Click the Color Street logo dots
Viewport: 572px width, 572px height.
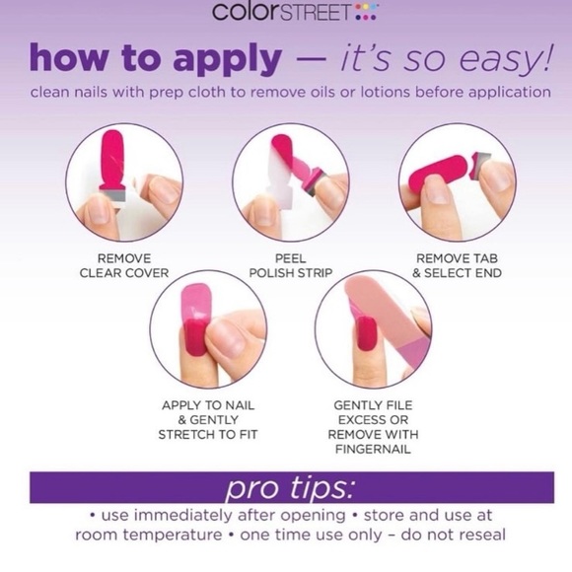pos(366,12)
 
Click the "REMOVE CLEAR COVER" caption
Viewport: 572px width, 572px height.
pos(124,265)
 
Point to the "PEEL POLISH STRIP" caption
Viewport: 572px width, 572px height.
pos(291,265)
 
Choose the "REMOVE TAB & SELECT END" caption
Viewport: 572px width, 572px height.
pos(457,265)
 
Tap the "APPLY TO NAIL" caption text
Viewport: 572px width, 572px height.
pos(208,405)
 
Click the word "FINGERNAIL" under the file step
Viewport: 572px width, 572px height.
pos(373,449)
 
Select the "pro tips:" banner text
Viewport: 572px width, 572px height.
pos(290,488)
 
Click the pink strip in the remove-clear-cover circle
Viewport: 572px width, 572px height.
pos(112,161)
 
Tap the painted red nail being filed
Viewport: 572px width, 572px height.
pos(366,333)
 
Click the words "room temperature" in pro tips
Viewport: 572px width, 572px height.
pos(149,536)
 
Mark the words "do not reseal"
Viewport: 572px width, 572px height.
pos(453,535)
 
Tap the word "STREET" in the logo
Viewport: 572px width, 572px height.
pos(316,12)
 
